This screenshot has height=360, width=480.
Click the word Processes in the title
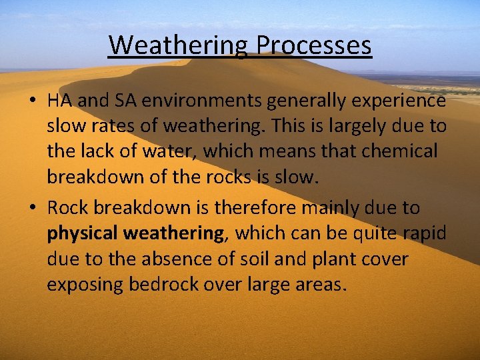[x=314, y=46]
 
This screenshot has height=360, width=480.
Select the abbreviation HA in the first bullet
[x=59, y=100]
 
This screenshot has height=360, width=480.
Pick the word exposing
[x=85, y=285]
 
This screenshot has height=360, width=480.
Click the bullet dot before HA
[x=32, y=101]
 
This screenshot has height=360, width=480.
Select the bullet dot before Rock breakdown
[x=32, y=209]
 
